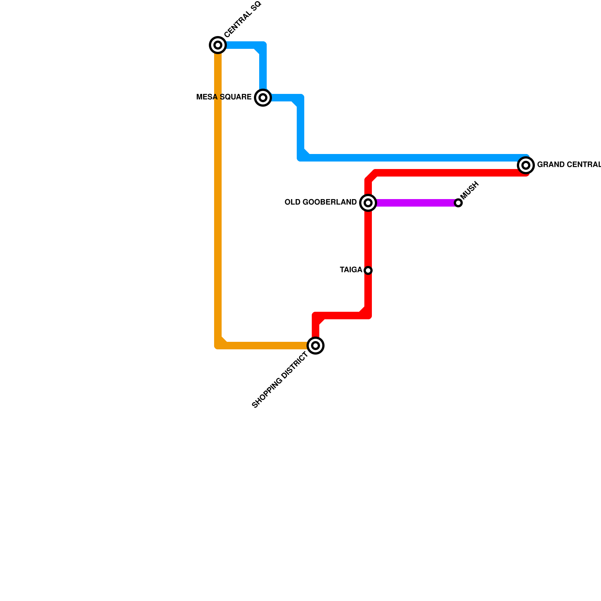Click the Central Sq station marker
217,45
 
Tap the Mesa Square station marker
263,98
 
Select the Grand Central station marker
526,165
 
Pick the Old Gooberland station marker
368,203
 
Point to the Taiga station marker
368,270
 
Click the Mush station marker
458,203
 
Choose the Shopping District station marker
316,346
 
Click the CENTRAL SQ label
242,20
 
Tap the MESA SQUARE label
224,97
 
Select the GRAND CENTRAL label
569,165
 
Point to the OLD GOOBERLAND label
320,202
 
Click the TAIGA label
351,270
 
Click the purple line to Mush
413,203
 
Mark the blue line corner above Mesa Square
263,46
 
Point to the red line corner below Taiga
367,315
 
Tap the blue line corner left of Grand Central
301,157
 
